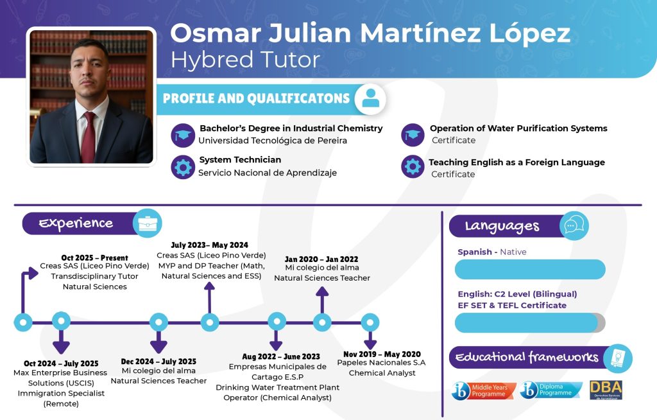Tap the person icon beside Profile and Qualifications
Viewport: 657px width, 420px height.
pos(370,100)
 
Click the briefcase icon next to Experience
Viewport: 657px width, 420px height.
pos(148,223)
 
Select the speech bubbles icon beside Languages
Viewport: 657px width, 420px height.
pos(574,226)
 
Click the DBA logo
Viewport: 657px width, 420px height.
pos(606,390)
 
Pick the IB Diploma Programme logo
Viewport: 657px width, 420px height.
pos(551,390)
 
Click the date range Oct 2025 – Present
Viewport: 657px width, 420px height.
pos(95,258)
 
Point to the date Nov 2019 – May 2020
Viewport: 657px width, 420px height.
pos(382,354)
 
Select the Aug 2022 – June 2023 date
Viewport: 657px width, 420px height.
pos(281,356)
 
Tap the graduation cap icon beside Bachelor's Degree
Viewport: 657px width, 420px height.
pos(183,136)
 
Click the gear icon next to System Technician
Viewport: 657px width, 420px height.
pos(183,167)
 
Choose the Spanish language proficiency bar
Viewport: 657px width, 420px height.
pos(530,269)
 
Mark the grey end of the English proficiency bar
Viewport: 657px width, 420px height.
pos(601,322)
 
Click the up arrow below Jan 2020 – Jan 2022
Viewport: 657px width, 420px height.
pos(322,299)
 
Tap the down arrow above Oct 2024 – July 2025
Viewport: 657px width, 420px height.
pos(61,342)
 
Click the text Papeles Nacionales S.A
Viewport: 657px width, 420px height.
pos(381,362)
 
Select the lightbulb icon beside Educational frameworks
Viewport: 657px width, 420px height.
pos(618,358)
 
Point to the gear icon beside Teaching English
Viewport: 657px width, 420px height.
pos(413,166)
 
